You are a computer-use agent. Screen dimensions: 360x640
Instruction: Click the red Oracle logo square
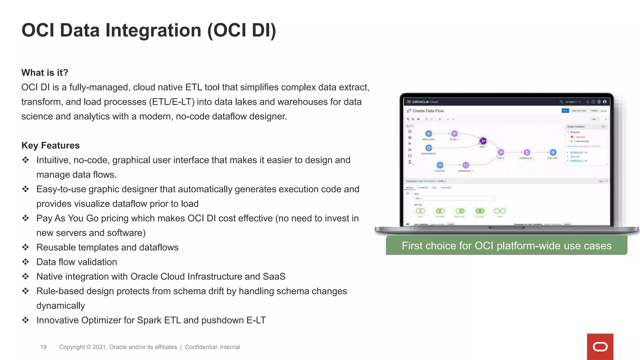[x=600, y=347]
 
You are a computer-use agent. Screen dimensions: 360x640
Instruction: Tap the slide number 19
[x=43, y=347]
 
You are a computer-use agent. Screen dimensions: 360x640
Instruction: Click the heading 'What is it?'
[x=45, y=72]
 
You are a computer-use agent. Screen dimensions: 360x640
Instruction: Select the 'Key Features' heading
[x=50, y=145]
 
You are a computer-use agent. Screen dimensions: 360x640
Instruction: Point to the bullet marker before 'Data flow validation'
[x=26, y=262]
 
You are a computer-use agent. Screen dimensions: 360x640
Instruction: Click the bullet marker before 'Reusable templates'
[x=26, y=247]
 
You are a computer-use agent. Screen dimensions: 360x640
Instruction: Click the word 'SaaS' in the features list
[x=274, y=276]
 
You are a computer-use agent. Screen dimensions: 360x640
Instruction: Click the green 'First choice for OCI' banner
[x=506, y=246]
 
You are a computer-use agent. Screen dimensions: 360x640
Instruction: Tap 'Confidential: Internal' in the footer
[x=212, y=347]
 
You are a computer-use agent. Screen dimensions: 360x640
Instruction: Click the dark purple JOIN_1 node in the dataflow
[x=483, y=141]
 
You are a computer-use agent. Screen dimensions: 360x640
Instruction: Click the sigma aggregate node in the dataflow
[x=527, y=152]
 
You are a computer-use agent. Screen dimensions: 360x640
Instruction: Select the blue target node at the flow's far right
[x=553, y=152]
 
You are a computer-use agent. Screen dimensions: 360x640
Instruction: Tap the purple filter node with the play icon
[x=454, y=133]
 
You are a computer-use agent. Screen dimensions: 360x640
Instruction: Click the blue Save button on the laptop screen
[x=565, y=111]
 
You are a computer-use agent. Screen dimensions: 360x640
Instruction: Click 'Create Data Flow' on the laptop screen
[x=428, y=111]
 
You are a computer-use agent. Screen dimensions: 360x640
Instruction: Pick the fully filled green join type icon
[x=480, y=211]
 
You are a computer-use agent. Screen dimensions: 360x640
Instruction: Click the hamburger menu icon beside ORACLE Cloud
[x=408, y=102]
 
